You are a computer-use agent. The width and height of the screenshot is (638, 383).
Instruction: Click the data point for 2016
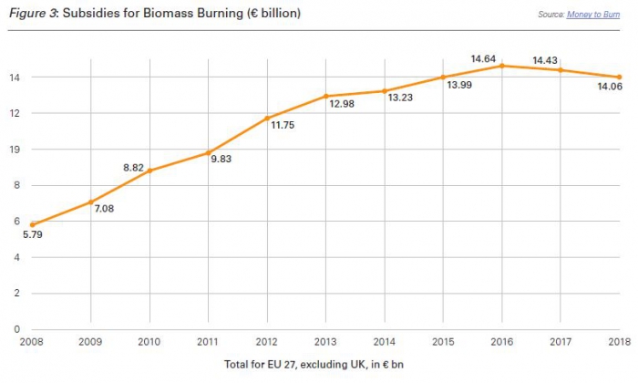pyautogui.click(x=502, y=66)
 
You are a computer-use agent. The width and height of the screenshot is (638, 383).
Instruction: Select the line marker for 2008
pyautogui.click(x=33, y=224)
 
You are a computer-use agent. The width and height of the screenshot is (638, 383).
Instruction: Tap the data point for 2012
pyautogui.click(x=267, y=118)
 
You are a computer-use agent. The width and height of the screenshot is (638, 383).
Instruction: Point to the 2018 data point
pyautogui.click(x=619, y=77)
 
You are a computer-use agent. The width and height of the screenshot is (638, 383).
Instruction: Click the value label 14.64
pyautogui.click(x=483, y=59)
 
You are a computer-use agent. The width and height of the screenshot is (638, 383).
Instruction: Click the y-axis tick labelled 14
pyautogui.click(x=16, y=77)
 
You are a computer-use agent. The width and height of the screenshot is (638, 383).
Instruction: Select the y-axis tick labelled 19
pyautogui.click(x=16, y=149)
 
